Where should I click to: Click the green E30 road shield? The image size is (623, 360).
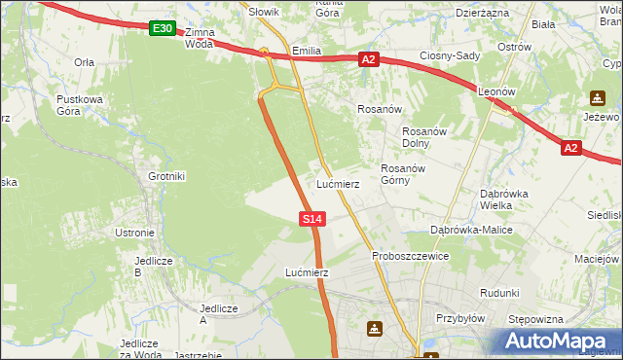(x=163, y=29)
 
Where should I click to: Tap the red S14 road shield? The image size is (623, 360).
(x=311, y=220)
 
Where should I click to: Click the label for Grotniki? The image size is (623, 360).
(x=166, y=176)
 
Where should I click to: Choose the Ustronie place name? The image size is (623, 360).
(x=134, y=233)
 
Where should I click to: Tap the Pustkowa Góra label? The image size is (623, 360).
(x=80, y=106)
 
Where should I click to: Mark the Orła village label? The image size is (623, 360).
(x=84, y=61)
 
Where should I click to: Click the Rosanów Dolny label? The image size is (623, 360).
(x=424, y=138)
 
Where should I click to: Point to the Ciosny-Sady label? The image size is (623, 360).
(x=450, y=55)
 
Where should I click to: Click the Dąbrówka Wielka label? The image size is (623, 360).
(x=504, y=199)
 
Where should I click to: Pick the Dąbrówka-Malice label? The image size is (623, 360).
(x=471, y=230)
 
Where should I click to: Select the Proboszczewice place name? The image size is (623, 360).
(x=410, y=256)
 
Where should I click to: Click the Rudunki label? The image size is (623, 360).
(x=499, y=292)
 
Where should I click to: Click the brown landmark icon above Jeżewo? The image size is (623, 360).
(x=597, y=98)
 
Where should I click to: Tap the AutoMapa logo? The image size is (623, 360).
(x=558, y=342)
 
